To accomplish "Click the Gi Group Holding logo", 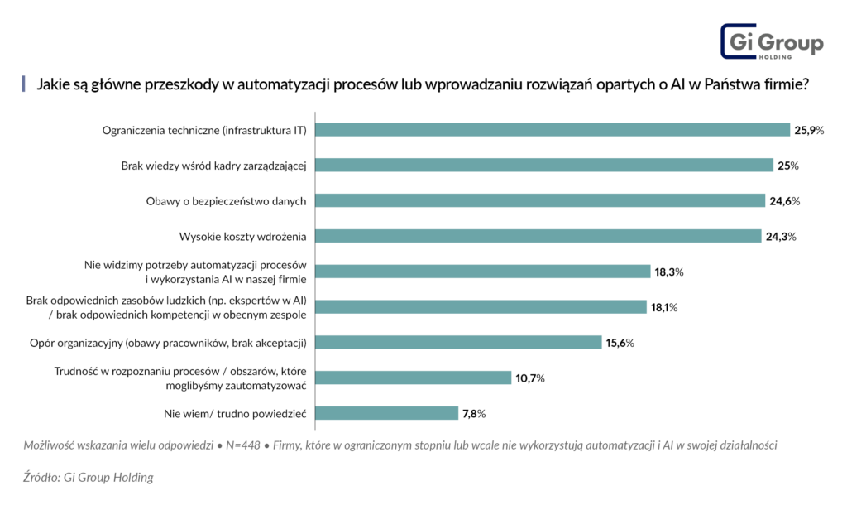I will pos(771,42).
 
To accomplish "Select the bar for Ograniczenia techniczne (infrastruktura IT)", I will pos(553,130).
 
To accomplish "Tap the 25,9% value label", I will pos(810,130).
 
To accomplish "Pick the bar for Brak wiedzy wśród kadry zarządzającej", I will pos(545,166).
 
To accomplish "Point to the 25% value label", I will pos(787,166).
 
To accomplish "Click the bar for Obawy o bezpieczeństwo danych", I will pos(541,200).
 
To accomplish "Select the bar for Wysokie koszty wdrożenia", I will pos(538,236).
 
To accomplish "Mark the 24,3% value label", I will pos(780,236).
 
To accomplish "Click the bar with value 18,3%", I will pos(483,272).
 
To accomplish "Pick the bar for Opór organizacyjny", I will pos(459,342).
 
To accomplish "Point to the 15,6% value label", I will pos(620,342).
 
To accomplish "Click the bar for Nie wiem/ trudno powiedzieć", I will pos(387,413).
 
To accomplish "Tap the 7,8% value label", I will pos(474,413).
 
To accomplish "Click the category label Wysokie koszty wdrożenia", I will pos(243,236).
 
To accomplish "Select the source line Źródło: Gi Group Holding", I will pos(88,477).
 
